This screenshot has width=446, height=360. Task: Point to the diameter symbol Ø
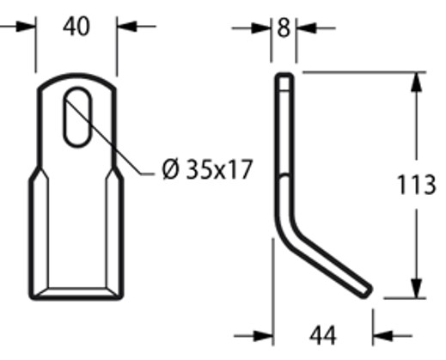(169, 169)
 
